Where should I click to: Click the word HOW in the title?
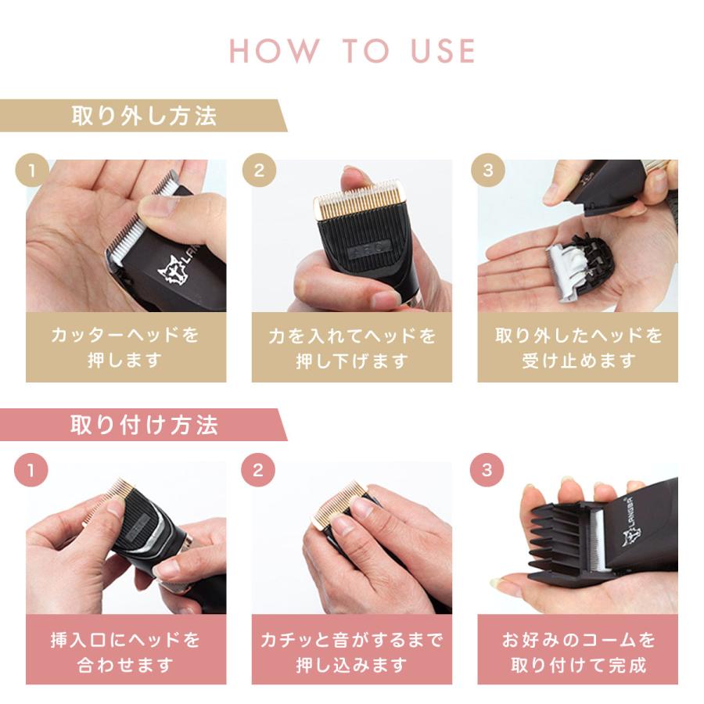coord(274,50)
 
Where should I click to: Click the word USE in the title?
coord(444,50)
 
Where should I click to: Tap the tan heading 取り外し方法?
coord(144,116)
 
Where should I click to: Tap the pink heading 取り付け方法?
coord(144,425)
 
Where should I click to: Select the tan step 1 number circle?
coord(32,171)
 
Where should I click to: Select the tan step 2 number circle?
coord(259,171)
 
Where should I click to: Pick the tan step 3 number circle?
coord(488,171)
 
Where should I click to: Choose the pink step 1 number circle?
coord(31,470)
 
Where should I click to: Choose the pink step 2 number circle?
coord(258,470)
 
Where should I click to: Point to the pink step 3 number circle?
coord(487,470)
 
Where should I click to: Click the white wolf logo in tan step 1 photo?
coord(172,271)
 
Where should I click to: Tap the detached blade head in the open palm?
coord(578,266)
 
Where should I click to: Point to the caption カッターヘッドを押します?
coord(125,347)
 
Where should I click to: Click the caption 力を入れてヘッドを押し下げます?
coord(352,348)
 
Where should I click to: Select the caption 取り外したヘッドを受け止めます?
coord(578,347)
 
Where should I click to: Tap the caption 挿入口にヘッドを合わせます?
coord(125,652)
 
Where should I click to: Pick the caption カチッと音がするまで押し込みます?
coord(351,652)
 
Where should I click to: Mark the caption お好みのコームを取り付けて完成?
coord(578,652)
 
